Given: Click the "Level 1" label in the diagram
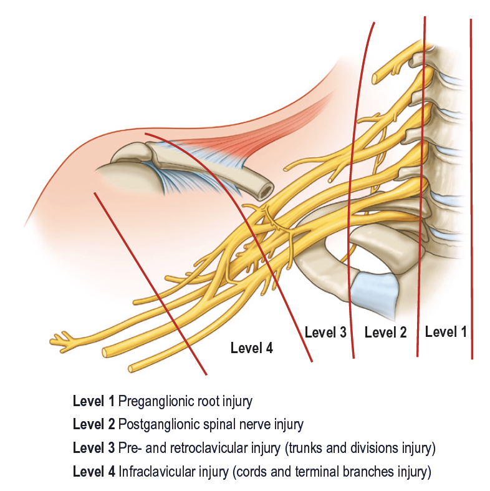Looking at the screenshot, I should coord(445,332).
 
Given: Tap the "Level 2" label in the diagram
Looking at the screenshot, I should coord(385,333).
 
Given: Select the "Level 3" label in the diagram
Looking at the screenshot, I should coord(325,332).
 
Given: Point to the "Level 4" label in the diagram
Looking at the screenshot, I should coord(252,348).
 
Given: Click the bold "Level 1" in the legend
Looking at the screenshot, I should coord(94,401).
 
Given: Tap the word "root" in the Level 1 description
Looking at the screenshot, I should coord(221,401).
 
